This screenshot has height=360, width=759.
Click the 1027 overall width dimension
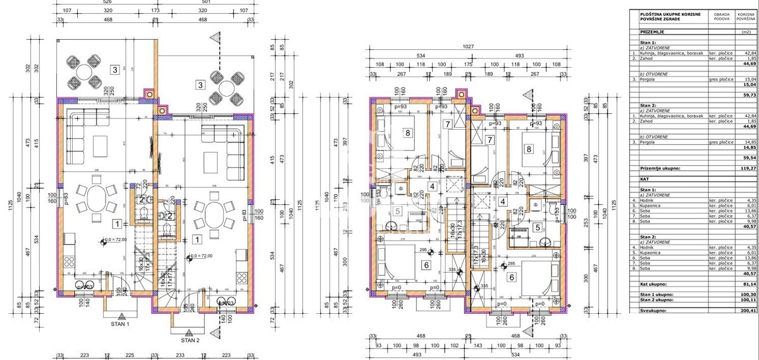point(467,47)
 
